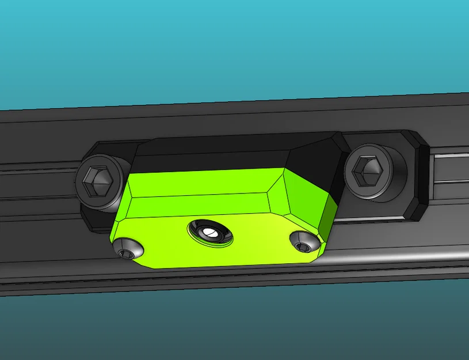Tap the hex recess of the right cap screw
click(367, 171)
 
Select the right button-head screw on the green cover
click(304, 242)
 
